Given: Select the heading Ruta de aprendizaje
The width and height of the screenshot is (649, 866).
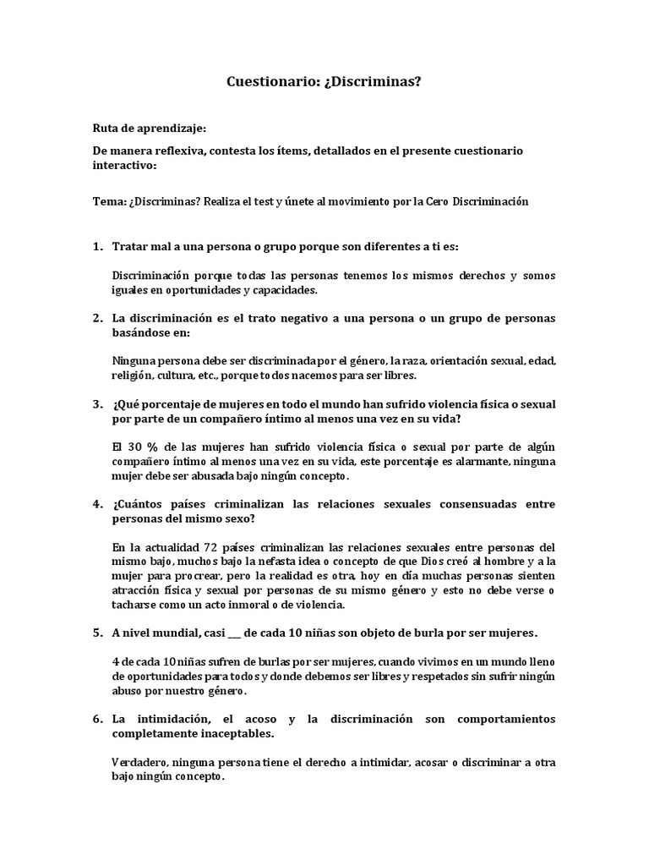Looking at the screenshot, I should coord(149,129).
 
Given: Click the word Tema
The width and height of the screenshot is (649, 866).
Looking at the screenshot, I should coord(107,201).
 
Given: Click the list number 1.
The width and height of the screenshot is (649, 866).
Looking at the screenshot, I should coord(96,246).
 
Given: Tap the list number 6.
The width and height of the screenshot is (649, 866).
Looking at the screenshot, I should coord(96,719).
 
